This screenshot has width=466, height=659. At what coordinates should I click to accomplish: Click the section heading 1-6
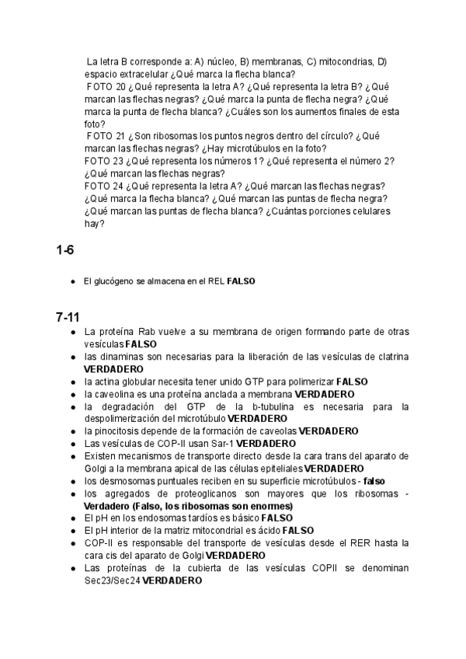click(x=65, y=250)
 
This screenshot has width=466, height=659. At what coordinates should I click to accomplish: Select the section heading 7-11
click(x=68, y=317)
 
